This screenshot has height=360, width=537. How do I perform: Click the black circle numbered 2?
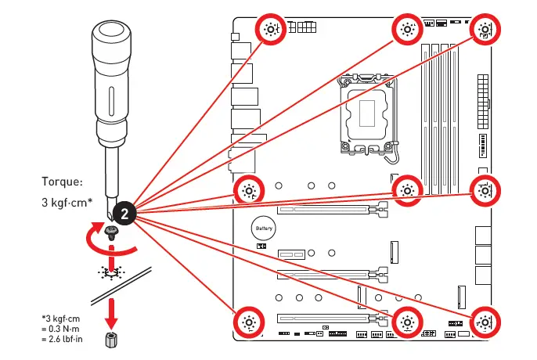(124, 212)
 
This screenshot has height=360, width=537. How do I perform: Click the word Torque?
(62, 182)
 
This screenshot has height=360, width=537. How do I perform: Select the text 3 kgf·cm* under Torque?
(67, 202)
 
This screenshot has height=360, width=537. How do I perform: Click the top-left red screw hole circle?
(271, 30)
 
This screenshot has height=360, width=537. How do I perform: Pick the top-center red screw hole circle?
(406, 30)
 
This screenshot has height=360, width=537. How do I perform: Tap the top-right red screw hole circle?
(485, 30)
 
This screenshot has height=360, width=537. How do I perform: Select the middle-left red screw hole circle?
(249, 189)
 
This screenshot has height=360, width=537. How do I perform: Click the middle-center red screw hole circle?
(407, 189)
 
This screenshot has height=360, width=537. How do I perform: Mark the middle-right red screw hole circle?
(485, 189)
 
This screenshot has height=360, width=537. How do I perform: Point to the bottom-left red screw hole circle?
(249, 322)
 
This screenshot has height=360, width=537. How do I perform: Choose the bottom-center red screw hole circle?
(407, 322)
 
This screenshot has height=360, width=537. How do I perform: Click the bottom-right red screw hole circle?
(485, 322)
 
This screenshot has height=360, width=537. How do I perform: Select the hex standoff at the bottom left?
(113, 342)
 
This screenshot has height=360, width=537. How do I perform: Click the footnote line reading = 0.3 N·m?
(63, 329)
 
